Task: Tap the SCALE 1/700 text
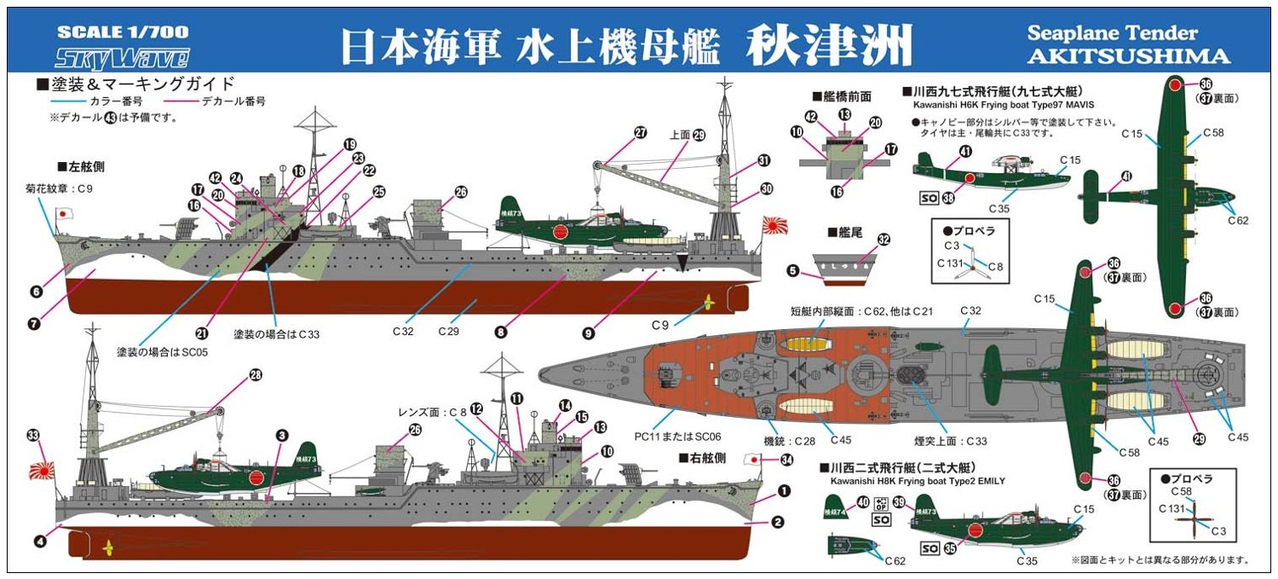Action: point(122,33)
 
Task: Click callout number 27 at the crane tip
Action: point(640,132)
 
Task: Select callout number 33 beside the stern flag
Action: point(33,436)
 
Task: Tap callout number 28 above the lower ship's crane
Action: point(255,374)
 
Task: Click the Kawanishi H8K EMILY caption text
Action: point(915,480)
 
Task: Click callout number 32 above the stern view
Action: point(884,240)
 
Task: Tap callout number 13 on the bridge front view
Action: point(843,113)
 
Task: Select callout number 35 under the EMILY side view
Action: point(948,548)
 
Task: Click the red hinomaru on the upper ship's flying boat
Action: point(561,232)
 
